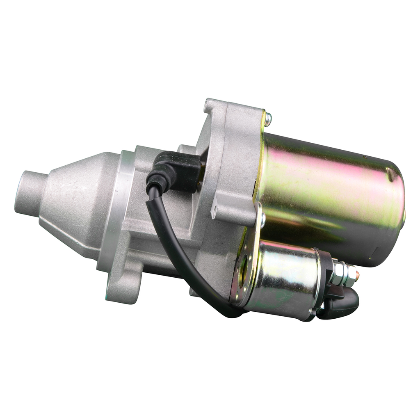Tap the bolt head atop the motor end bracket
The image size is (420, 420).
268,119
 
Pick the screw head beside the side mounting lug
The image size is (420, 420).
262,220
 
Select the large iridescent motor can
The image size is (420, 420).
328,193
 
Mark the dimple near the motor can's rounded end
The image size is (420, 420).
390,176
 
